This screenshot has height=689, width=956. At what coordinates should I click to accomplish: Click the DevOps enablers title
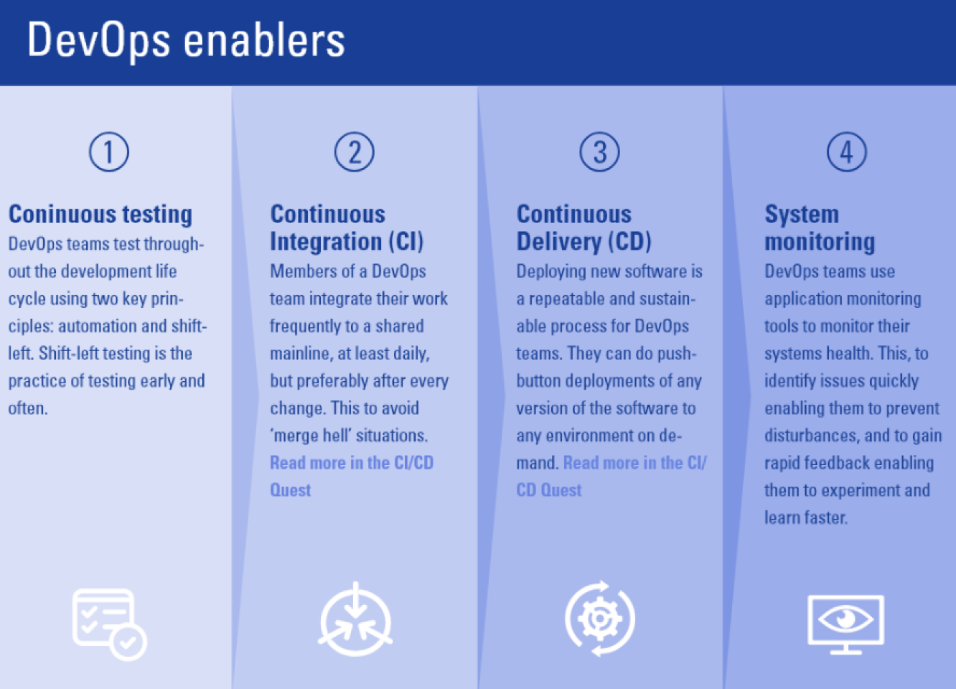(186, 41)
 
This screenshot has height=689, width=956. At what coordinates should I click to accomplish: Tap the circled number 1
(109, 152)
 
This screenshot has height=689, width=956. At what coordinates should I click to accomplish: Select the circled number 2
(354, 152)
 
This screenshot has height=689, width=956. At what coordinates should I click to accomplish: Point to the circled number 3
(600, 152)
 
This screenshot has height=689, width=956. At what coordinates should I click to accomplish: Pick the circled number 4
(847, 152)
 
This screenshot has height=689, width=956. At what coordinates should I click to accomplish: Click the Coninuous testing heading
(101, 214)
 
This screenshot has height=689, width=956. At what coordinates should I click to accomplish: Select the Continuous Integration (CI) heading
(347, 228)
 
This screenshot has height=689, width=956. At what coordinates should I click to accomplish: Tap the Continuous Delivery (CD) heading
(584, 228)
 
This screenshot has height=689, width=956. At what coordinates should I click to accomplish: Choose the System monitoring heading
(820, 228)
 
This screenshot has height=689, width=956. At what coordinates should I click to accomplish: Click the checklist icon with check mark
(110, 624)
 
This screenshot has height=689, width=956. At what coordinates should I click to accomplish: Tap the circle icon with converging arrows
(355, 619)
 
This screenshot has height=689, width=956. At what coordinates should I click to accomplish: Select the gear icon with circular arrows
(600, 619)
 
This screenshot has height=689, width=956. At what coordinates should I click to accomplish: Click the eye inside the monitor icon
(845, 619)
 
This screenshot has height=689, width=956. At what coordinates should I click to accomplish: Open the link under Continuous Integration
(352, 476)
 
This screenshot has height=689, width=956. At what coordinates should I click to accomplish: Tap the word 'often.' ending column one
(28, 408)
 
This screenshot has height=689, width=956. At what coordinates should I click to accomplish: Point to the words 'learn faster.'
(806, 517)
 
